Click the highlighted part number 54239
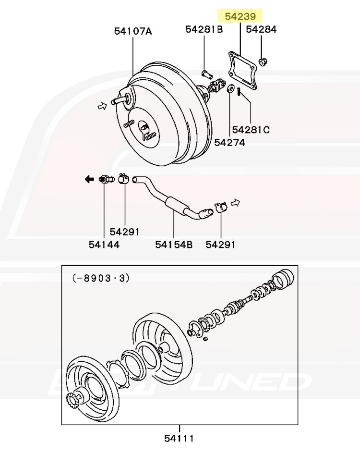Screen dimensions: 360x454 point(240,16)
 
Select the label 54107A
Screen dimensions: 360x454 point(133,31)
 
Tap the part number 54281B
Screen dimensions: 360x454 point(204,29)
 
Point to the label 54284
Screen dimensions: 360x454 point(261,29)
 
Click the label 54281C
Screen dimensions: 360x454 point(251,129)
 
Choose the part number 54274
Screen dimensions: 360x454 point(229,143)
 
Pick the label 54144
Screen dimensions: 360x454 point(104,245)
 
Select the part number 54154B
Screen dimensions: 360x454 point(174,245)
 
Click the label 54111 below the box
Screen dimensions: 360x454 point(179,438)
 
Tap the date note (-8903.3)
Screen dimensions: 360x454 point(101,278)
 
